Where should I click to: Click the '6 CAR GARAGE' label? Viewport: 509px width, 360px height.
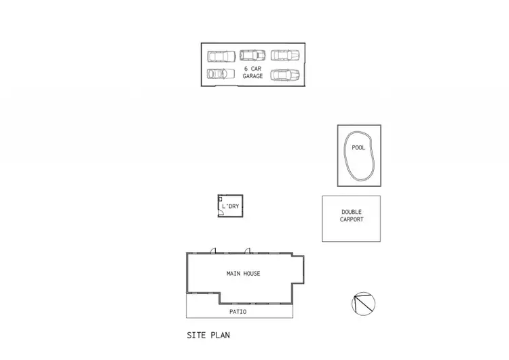(x=252, y=72)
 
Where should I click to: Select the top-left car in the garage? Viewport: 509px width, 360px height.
(x=221, y=56)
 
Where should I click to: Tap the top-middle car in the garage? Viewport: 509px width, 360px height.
(x=252, y=55)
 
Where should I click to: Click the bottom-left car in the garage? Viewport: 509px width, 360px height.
(x=219, y=73)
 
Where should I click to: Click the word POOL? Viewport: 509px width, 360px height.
(x=358, y=147)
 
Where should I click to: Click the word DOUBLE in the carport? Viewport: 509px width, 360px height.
(x=352, y=212)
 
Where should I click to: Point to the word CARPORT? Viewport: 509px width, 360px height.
(x=352, y=220)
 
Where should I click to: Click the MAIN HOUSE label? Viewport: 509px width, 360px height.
(x=243, y=274)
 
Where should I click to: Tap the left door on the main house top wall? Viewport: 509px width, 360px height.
(x=212, y=251)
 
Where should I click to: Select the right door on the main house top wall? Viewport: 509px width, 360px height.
(x=248, y=251)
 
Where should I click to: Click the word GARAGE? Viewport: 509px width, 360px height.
(x=252, y=76)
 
